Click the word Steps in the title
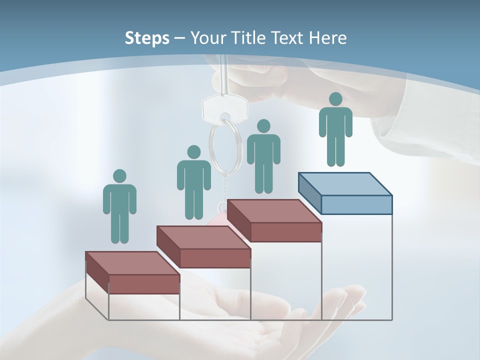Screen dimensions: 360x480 click(x=147, y=38)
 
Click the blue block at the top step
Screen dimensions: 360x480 click(x=345, y=193)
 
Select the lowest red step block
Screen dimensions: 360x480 click(x=132, y=273)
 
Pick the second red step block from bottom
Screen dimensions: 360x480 click(x=203, y=247)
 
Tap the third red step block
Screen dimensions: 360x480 click(x=274, y=220)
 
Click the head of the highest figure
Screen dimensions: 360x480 click(x=335, y=99)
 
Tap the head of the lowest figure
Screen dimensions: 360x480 click(x=119, y=176)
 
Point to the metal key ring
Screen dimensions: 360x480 click(x=219, y=145)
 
